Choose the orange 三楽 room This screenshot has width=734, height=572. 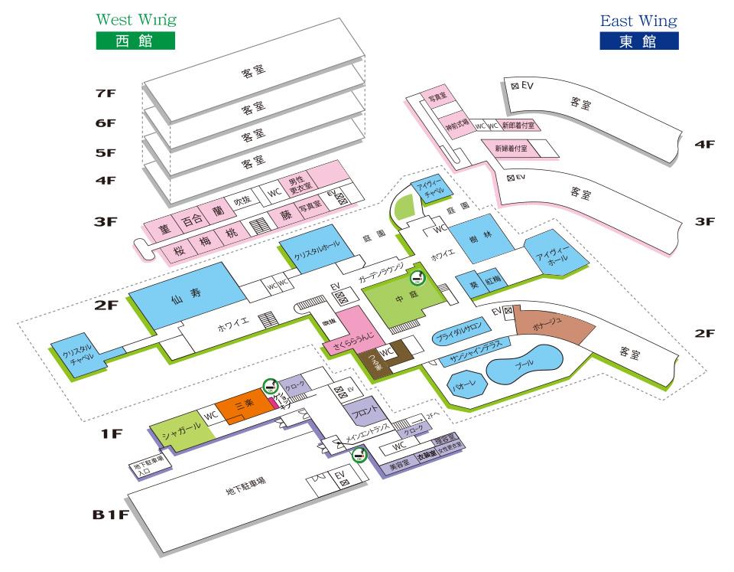pyautogui.click(x=239, y=409)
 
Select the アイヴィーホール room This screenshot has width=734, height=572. pyautogui.click(x=556, y=256)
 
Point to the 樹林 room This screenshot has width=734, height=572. pyautogui.click(x=476, y=239)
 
